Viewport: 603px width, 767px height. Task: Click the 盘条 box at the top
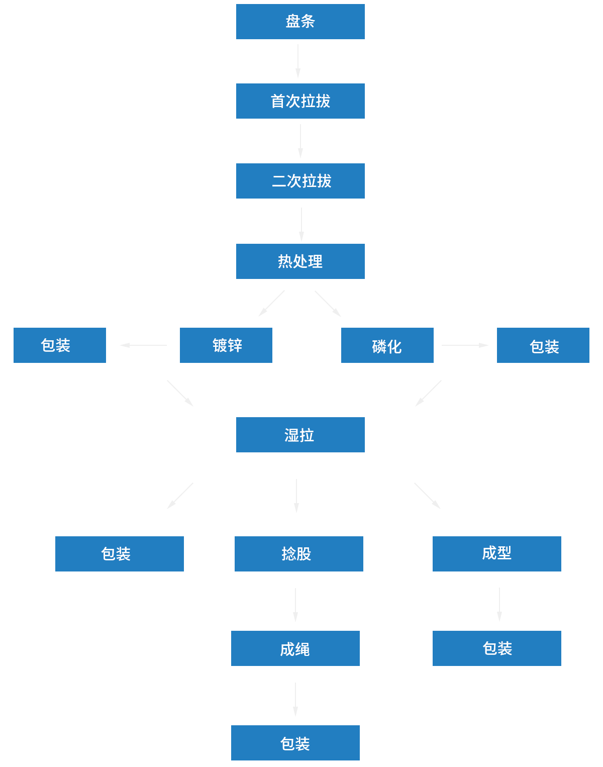[300, 22]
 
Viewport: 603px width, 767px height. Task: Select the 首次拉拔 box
[300, 101]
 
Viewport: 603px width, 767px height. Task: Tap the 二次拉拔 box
[300, 181]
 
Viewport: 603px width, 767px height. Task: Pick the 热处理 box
[300, 261]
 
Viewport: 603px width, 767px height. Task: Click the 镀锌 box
[226, 345]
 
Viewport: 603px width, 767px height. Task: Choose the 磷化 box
[387, 345]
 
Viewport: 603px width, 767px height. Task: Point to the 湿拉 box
[300, 435]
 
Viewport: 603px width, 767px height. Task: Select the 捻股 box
[298, 554]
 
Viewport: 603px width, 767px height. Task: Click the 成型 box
[496, 554]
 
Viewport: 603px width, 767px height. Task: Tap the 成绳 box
[295, 648]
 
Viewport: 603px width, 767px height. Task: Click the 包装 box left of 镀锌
[60, 345]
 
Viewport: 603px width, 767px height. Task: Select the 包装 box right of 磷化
[543, 345]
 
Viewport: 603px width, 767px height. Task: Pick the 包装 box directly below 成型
[496, 648]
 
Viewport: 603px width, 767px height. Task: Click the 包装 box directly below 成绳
[295, 742]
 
